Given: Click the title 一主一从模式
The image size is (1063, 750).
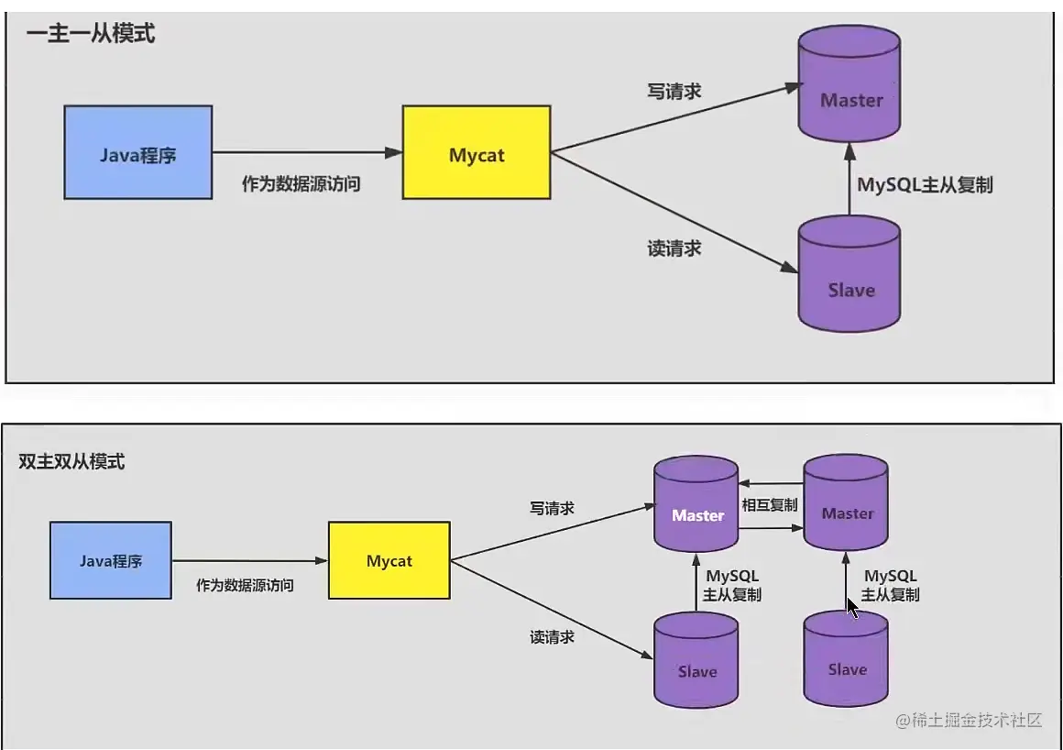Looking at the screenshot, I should pyautogui.click(x=91, y=34).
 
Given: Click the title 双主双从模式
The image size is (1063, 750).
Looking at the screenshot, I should pyautogui.click(x=71, y=461).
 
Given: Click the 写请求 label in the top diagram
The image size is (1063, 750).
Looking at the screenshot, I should pyautogui.click(x=674, y=91).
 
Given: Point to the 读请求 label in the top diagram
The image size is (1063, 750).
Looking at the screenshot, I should pyautogui.click(x=674, y=248).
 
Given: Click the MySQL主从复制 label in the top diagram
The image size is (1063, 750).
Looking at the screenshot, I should pyautogui.click(x=924, y=184).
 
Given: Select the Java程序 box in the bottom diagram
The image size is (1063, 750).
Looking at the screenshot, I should pyautogui.click(x=110, y=560).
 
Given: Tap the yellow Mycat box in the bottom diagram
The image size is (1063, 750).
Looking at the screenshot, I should pyautogui.click(x=389, y=560).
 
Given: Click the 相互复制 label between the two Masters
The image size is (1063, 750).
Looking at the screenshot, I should pyautogui.click(x=770, y=505).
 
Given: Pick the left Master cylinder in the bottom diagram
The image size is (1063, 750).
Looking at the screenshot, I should pyautogui.click(x=696, y=506).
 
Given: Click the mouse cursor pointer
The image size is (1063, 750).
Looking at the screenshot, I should pyautogui.click(x=852, y=607).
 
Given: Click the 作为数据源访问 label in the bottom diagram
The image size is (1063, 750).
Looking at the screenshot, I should pyautogui.click(x=245, y=584).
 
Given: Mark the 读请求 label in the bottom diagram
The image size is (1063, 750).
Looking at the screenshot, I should pyautogui.click(x=553, y=636).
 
